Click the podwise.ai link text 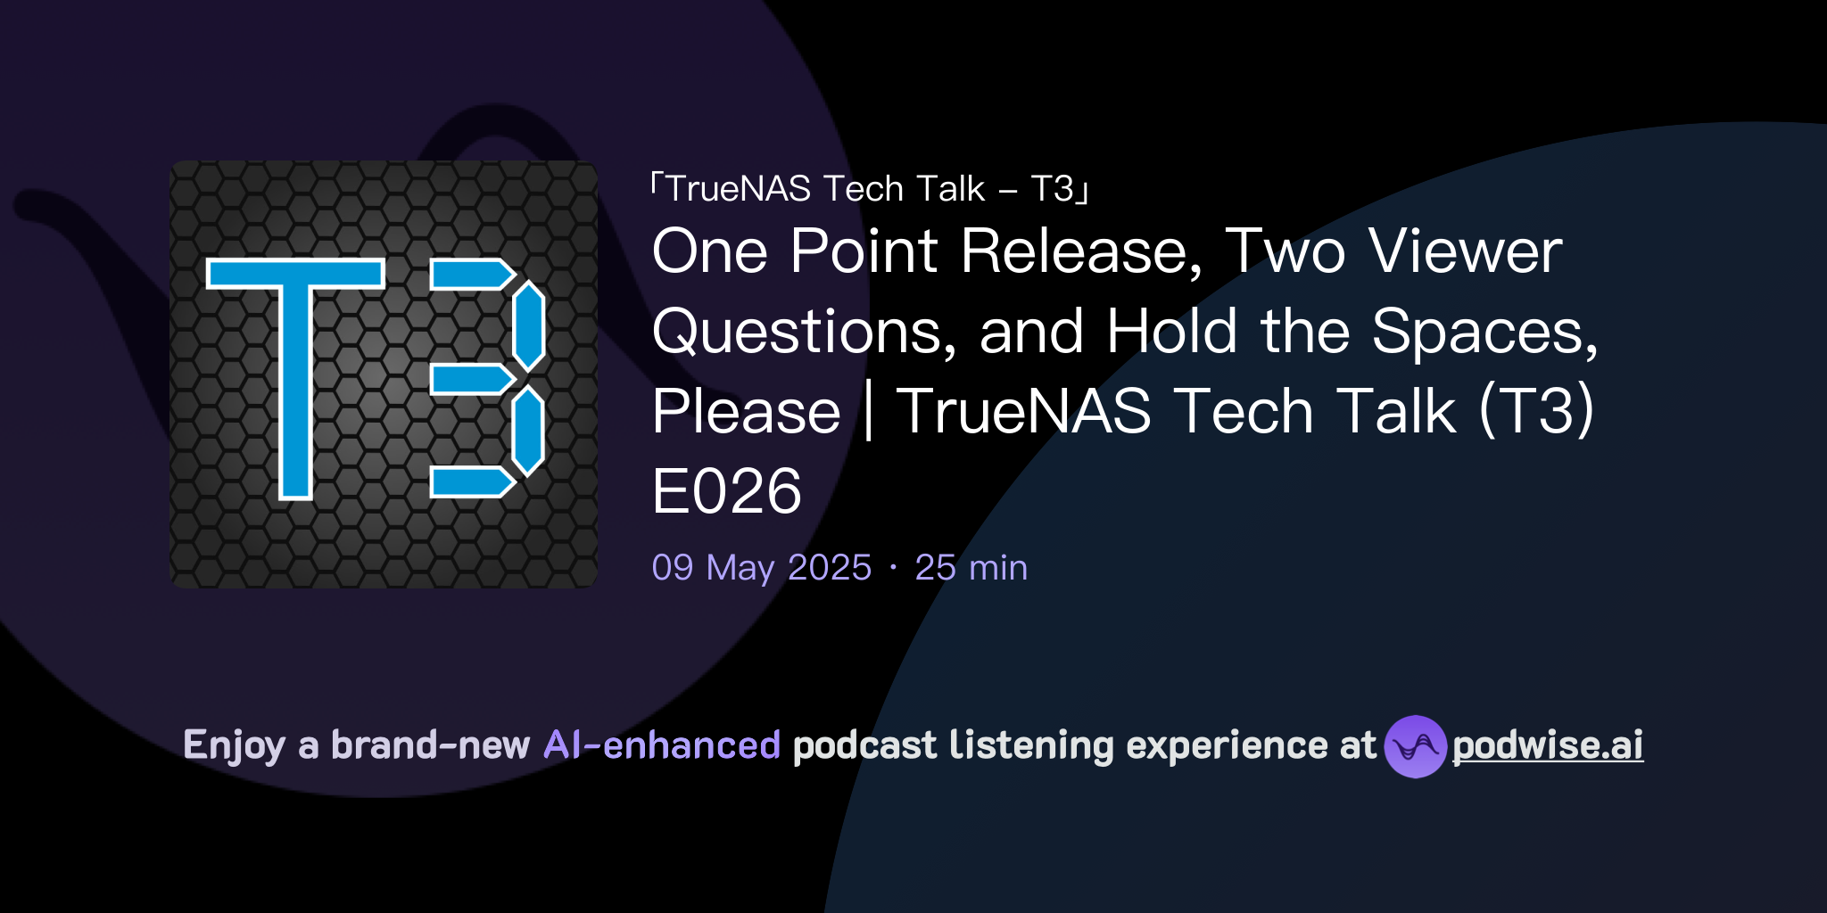pyautogui.click(x=1547, y=745)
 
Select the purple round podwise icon pyautogui.click(x=1415, y=746)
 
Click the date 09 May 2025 pyautogui.click(x=761, y=568)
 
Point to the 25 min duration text pyautogui.click(x=971, y=568)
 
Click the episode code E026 pyautogui.click(x=726, y=491)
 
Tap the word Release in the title pyautogui.click(x=1081, y=251)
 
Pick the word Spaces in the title pyautogui.click(x=1484, y=332)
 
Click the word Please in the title pyautogui.click(x=746, y=412)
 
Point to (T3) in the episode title pyautogui.click(x=1536, y=412)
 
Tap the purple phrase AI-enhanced pyautogui.click(x=662, y=745)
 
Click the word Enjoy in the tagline pyautogui.click(x=235, y=745)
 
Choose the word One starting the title pyautogui.click(x=709, y=251)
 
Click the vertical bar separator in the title pyautogui.click(x=868, y=412)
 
